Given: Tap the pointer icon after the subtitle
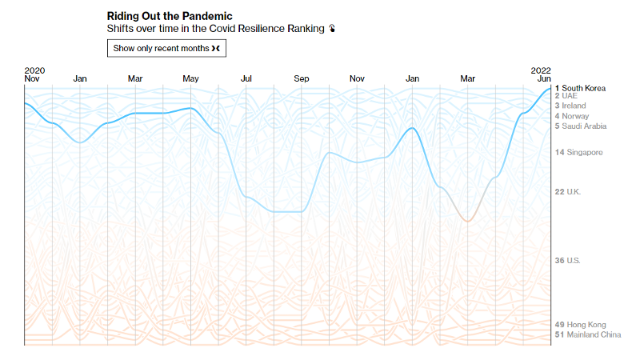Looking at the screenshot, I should tap(332, 29).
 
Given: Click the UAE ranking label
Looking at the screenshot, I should tap(574, 96).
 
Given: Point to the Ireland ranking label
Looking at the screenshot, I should tap(573, 106).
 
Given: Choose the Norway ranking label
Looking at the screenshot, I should tap(574, 116).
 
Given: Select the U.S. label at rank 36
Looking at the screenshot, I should tap(572, 261).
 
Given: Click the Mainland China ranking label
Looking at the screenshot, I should tap(593, 334).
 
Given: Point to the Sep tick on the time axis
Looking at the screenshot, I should tap(302, 78).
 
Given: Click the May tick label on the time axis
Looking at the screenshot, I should tap(190, 78).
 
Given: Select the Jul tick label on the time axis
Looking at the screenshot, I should tap(246, 78).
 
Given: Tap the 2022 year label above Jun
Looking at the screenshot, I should tap(541, 70).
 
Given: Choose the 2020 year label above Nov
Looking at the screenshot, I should tap(34, 70).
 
